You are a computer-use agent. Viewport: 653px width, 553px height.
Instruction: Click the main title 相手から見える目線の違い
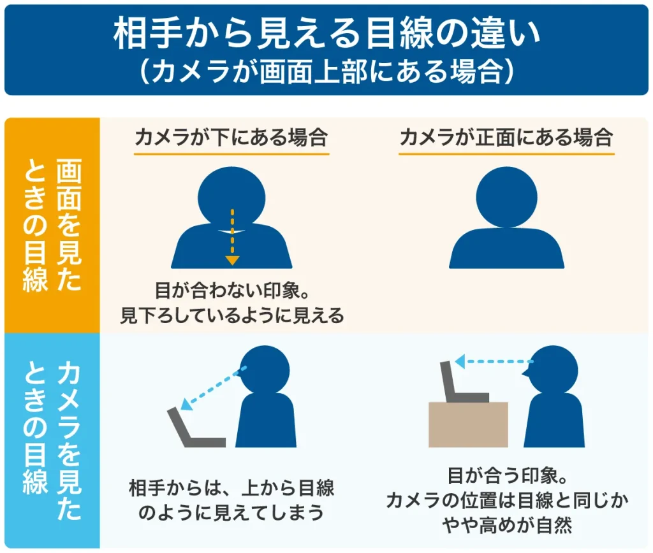click(x=326, y=33)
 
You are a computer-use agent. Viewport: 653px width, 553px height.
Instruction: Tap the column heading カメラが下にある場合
click(x=231, y=138)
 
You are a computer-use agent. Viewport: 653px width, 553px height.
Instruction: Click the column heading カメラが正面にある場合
click(x=506, y=138)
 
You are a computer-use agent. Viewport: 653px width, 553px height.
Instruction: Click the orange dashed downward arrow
click(x=232, y=235)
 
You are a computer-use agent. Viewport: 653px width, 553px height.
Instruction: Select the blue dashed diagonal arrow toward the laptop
click(x=212, y=388)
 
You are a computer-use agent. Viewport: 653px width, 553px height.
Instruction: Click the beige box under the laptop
click(x=468, y=424)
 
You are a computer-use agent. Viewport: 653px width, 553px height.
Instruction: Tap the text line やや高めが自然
click(x=507, y=526)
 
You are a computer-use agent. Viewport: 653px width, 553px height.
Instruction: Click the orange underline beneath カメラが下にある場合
click(x=231, y=154)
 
